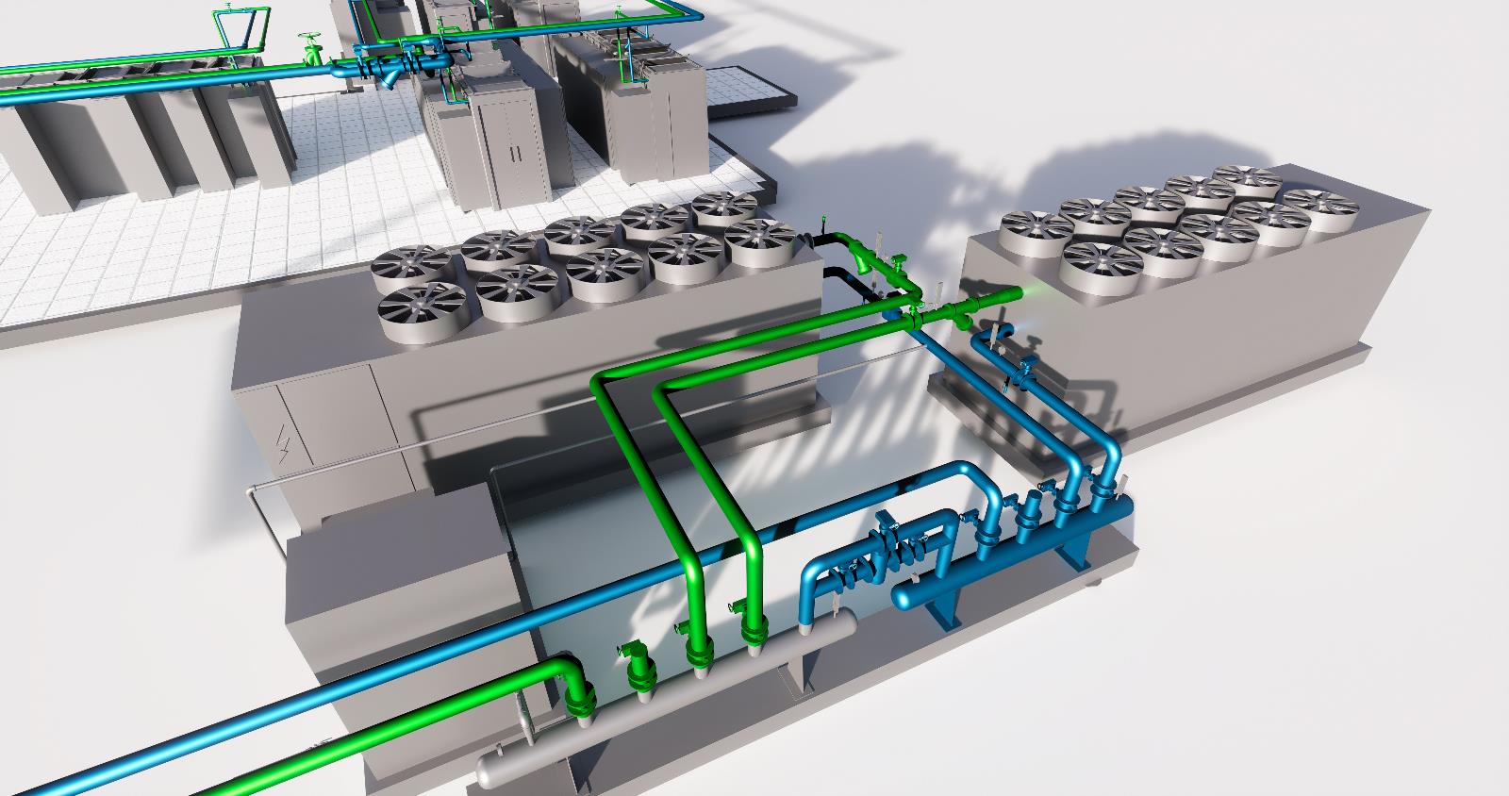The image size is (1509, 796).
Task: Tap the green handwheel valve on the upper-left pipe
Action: pyautogui.click(x=309, y=43)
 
